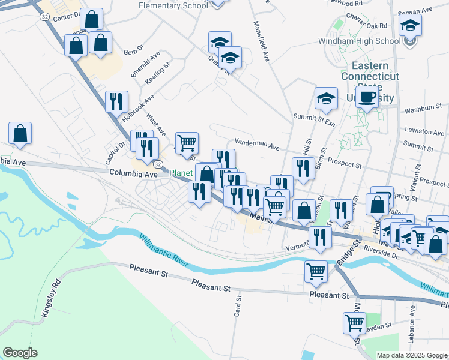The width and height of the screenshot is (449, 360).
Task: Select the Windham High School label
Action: point(359,41)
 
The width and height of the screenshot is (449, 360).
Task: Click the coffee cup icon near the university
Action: point(367,98)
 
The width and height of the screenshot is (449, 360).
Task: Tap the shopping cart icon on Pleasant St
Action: point(316,271)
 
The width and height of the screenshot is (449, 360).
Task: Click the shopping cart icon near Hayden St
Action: point(354,323)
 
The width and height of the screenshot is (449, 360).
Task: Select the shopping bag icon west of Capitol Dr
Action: point(20,134)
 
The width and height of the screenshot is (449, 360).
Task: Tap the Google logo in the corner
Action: point(20,353)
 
